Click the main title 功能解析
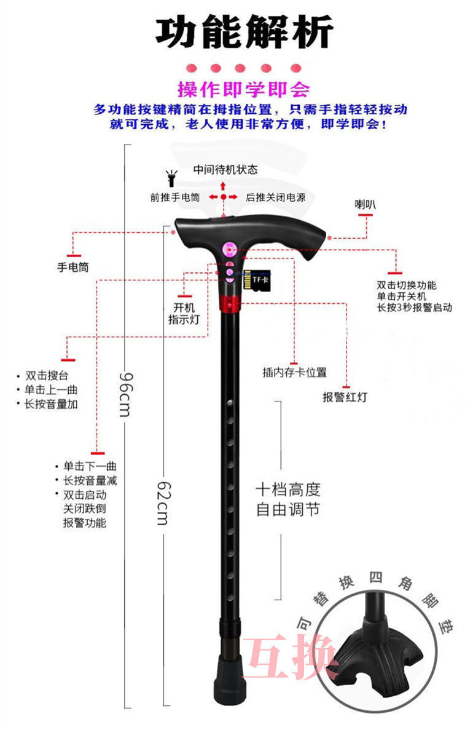244,33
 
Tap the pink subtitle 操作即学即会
244,90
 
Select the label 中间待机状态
225,169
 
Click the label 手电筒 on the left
73,268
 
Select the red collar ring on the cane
229,303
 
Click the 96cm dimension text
125,394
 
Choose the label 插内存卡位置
294,373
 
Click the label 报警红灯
345,397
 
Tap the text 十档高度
288,491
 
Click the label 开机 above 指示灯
184,307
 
